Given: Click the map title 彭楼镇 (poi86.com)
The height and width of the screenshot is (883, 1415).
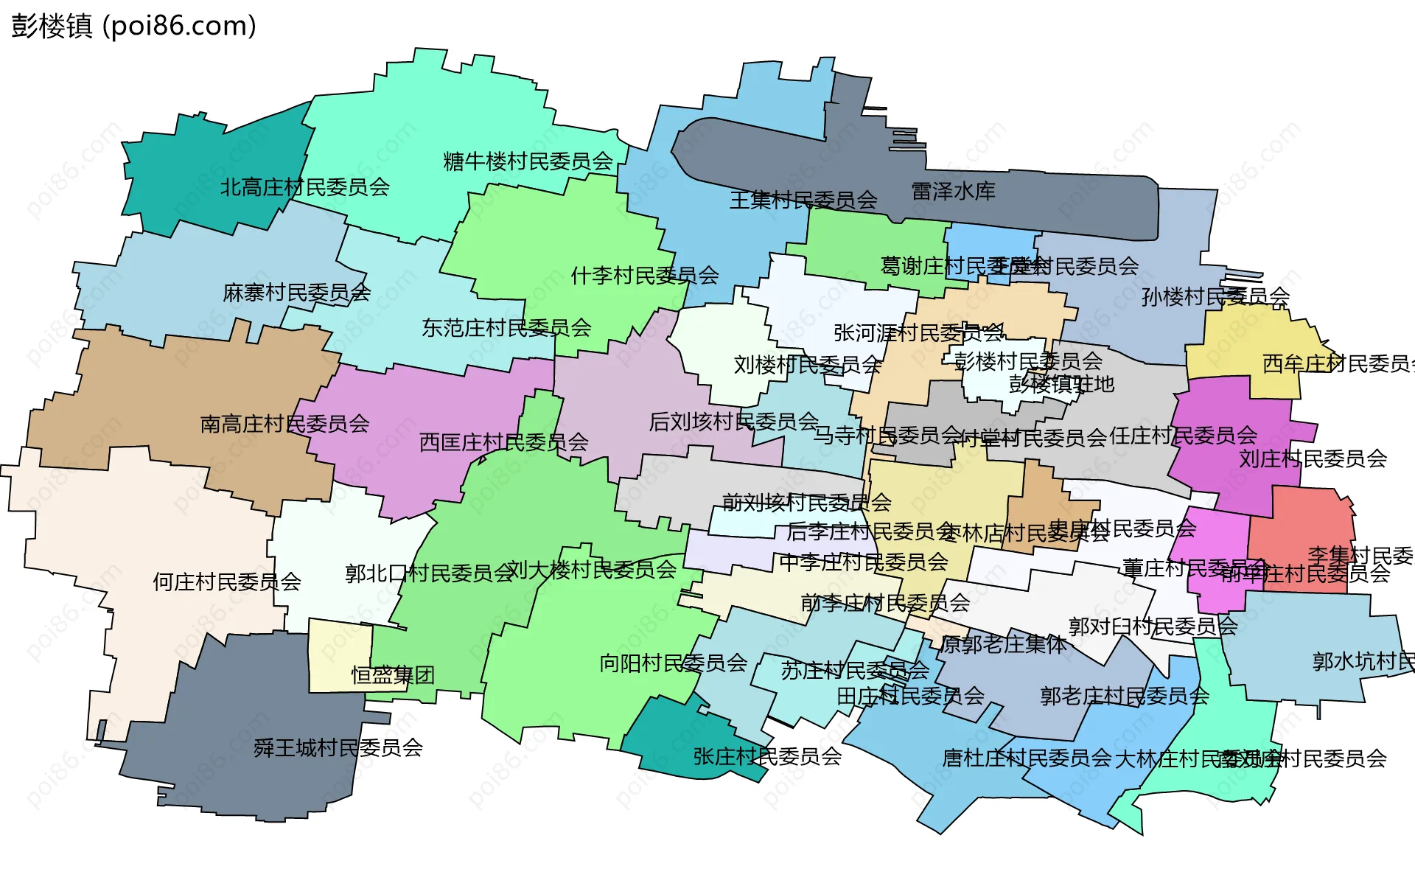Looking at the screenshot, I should (x=133, y=26).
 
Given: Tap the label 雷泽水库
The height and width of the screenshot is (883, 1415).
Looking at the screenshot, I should (x=953, y=192).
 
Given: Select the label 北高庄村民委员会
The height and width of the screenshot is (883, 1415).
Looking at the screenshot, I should (x=305, y=187).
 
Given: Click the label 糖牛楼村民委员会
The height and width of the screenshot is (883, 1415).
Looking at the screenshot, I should (x=528, y=161).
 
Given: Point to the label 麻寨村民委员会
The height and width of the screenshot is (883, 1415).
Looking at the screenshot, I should (x=296, y=293).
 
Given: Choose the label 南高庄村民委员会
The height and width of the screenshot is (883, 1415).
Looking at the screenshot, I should (x=284, y=424).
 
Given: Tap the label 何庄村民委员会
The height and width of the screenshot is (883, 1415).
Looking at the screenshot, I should (x=227, y=582).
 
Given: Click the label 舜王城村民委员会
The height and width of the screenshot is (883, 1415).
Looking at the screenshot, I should (x=338, y=748).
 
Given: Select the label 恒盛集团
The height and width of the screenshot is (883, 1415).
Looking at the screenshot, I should (x=392, y=675).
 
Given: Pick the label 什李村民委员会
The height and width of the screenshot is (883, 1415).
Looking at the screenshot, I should (x=644, y=276).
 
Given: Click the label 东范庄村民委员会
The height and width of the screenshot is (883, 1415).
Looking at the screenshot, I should (x=506, y=328).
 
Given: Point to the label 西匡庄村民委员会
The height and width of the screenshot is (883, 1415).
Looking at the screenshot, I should (x=503, y=442).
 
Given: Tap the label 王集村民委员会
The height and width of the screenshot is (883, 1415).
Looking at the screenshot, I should (x=803, y=200).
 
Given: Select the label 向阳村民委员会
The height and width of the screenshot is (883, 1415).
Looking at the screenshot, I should (x=673, y=663).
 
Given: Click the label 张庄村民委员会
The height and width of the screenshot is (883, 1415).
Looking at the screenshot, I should (x=767, y=756).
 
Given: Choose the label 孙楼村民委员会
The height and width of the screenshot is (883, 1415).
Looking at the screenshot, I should (x=1215, y=297).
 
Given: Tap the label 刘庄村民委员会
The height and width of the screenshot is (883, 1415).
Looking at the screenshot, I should (x=1313, y=459).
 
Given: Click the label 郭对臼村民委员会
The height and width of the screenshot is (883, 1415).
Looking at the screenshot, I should (x=1153, y=627).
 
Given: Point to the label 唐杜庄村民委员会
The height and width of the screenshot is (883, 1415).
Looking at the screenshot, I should (x=1027, y=758).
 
